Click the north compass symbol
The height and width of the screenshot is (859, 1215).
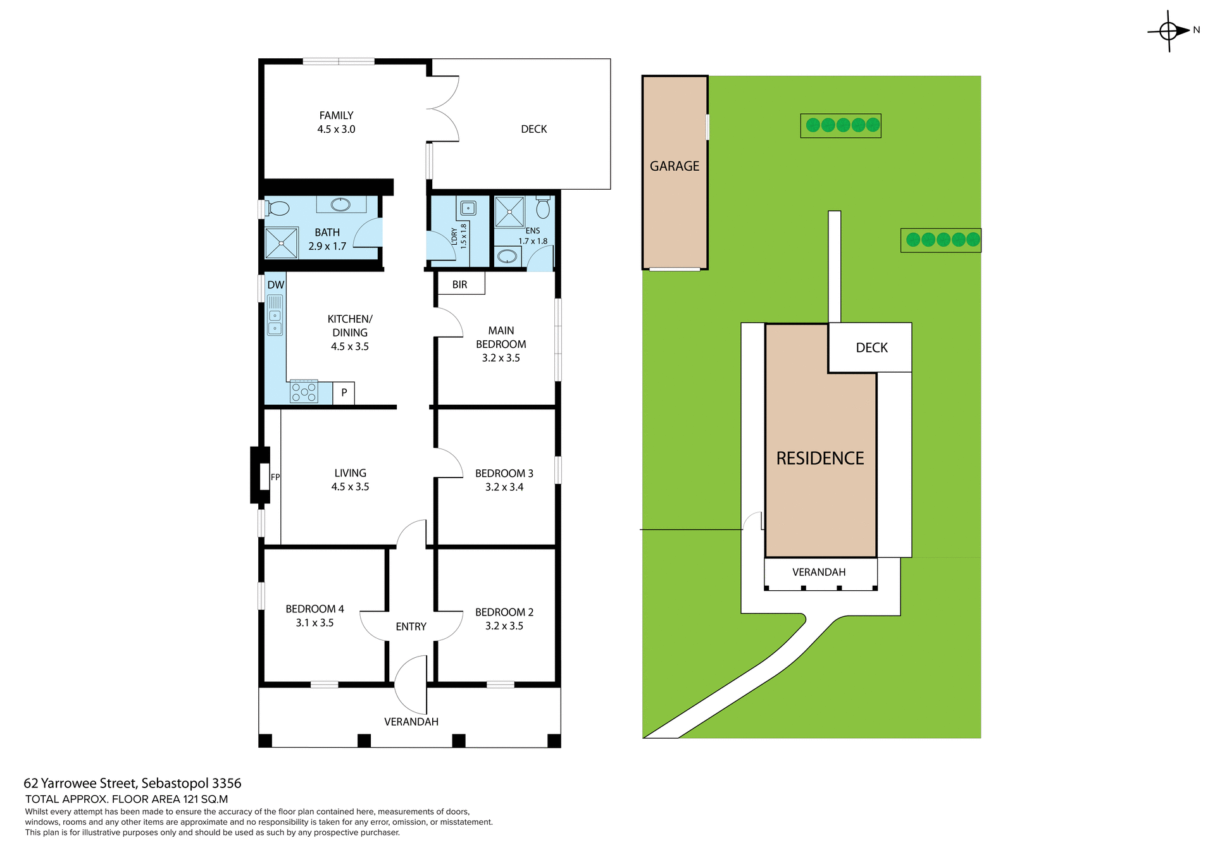tap(1169, 30)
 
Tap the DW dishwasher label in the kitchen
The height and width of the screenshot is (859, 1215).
tap(275, 285)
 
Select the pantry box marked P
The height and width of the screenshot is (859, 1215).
tap(344, 393)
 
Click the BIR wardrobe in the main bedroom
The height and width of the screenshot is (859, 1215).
tap(460, 284)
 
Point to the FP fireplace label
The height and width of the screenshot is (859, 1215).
tap(275, 477)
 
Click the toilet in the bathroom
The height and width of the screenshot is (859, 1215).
tap(277, 208)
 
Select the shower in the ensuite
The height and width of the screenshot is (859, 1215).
tap(509, 212)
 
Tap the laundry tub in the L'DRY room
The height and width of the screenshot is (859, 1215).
tap(468, 207)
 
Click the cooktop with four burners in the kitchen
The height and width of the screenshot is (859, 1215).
tap(304, 392)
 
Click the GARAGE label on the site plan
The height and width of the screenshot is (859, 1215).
tap(675, 166)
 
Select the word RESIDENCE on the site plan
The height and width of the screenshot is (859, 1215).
tap(820, 458)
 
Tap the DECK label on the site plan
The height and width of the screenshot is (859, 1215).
tap(871, 348)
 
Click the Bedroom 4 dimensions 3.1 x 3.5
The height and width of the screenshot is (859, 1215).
tap(315, 622)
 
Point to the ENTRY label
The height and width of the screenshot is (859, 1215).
tap(411, 626)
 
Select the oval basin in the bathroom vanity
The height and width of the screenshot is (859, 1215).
tap(340, 204)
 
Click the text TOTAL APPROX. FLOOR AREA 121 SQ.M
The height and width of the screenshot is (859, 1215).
tap(127, 799)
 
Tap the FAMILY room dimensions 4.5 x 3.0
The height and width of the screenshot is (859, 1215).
tap(336, 129)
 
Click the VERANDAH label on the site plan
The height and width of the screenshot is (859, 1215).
tap(819, 572)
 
